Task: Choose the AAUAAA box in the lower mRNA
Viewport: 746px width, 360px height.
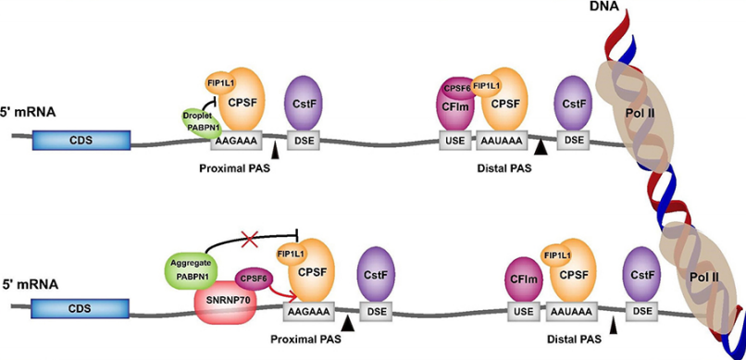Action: pyautogui.click(x=571, y=312)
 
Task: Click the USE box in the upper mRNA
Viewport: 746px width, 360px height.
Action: pyautogui.click(x=454, y=141)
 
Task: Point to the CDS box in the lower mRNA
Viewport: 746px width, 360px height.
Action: pyautogui.click(x=81, y=308)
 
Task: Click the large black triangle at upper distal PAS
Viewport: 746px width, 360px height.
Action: pyautogui.click(x=540, y=148)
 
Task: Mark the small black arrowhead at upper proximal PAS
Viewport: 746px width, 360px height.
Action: pyautogui.click(x=275, y=151)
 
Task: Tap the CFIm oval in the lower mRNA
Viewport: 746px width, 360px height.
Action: pyautogui.click(x=523, y=279)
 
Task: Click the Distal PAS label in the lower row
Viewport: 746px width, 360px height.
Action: pyautogui.click(x=574, y=340)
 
